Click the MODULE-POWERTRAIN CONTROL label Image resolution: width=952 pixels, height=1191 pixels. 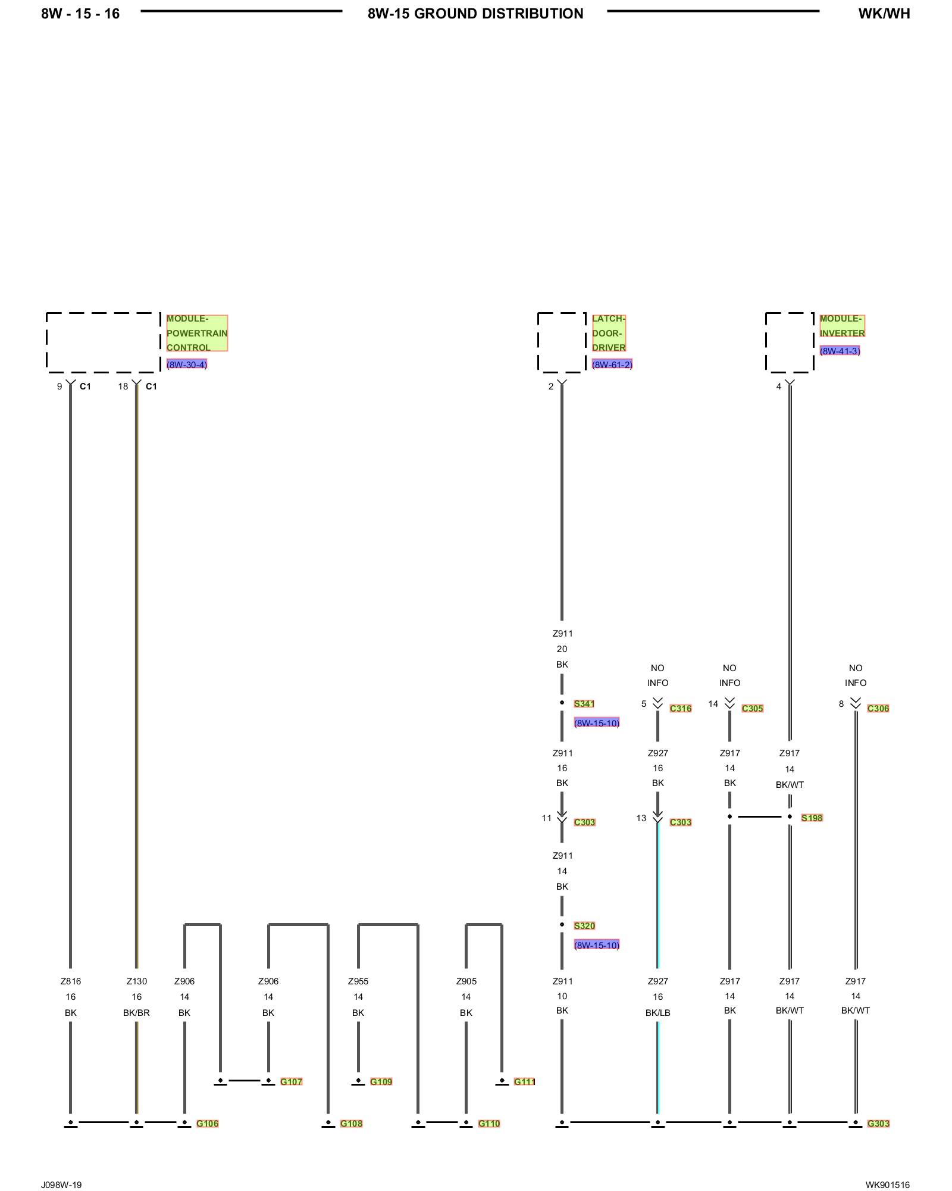pos(196,333)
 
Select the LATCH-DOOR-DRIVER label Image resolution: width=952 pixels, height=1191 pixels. pos(608,333)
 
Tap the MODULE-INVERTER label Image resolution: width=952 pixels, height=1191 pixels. pos(842,326)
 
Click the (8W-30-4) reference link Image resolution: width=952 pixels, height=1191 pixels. pos(186,364)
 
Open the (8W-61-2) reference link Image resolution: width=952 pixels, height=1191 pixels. pos(612,364)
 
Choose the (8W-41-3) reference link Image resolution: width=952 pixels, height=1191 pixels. pos(840,351)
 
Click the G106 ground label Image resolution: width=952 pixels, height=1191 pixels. pos(207,1124)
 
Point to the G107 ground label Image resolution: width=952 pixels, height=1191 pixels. pos(291,1082)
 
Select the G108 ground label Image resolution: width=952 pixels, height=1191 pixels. pos(351,1124)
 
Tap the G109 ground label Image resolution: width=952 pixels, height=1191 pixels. pos(381,1082)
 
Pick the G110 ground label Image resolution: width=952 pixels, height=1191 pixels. pos(489,1124)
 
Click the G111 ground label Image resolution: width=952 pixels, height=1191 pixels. pos(524,1082)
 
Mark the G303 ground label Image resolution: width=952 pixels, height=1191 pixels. pos(878,1124)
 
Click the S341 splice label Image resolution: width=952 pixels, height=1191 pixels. pos(584,704)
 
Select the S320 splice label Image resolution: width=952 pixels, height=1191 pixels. pos(584,926)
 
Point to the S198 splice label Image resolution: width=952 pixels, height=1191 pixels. pos(812,818)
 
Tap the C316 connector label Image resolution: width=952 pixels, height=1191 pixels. pos(680,709)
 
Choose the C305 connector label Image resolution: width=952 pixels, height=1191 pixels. pos(752,709)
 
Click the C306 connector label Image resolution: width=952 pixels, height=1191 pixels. pos(878,709)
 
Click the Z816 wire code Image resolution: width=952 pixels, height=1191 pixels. pos(70,981)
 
